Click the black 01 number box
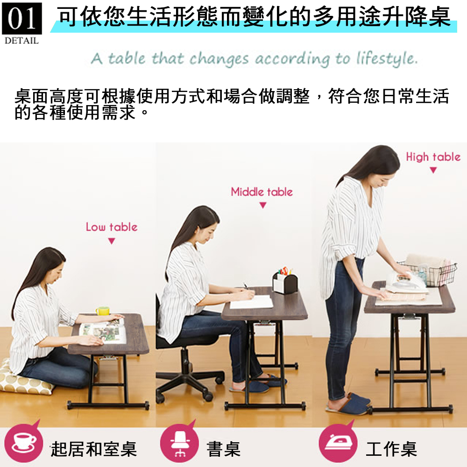point(22,19)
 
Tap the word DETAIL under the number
point(22,41)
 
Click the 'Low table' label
point(112,227)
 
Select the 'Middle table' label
point(262,192)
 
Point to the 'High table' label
point(433,156)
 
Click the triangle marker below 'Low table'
point(112,241)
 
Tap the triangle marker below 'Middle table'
point(262,205)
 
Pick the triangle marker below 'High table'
point(433,170)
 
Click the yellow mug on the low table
point(102,311)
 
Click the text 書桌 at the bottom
point(224,449)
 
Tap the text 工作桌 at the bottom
point(391,449)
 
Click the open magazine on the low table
point(103,331)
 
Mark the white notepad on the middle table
point(251,302)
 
